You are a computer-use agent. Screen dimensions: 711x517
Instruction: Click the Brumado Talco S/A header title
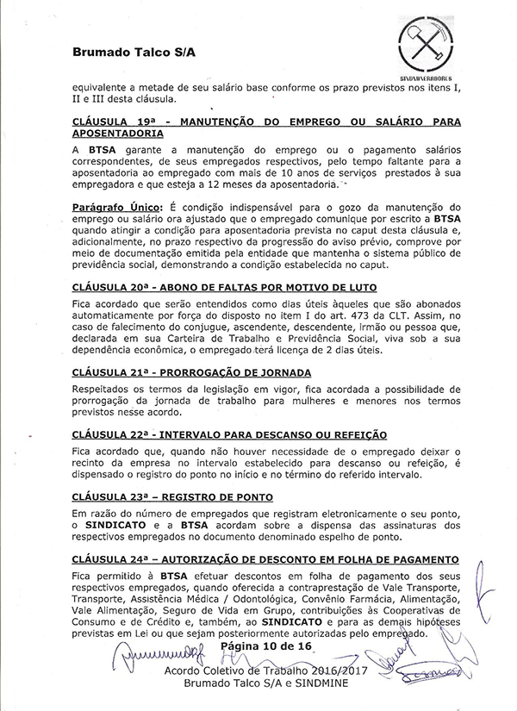134,52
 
